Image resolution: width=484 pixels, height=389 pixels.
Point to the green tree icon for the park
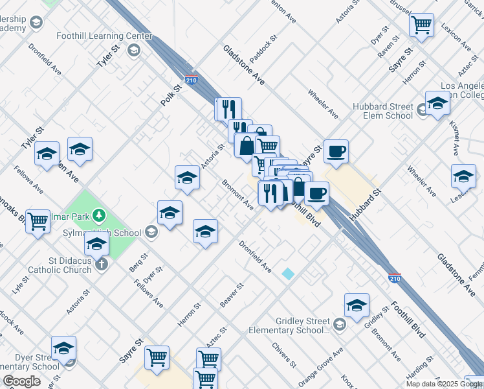tap(99, 214)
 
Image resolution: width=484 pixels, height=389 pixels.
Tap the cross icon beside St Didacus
tap(102, 264)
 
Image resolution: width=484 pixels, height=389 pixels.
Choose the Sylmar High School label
tap(102, 233)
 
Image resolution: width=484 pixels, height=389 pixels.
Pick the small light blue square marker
tap(288, 274)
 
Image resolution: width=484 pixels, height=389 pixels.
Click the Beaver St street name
tap(231, 295)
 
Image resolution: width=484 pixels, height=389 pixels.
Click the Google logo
tap(21, 381)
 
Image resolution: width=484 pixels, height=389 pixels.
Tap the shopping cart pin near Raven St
tap(422, 25)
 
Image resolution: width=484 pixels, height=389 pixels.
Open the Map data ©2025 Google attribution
tap(444, 383)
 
